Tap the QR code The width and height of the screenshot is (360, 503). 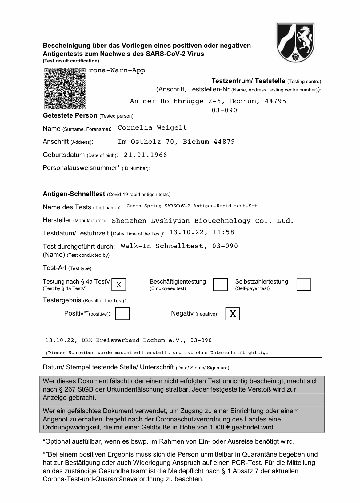coord(65,89)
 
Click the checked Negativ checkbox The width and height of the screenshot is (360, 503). coord(233,314)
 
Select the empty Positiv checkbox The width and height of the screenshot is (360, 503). coord(122,314)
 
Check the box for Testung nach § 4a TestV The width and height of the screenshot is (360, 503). coord(119,284)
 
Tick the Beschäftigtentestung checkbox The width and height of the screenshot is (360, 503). coord(220,284)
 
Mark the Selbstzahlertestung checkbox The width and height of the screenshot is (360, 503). coord(304,284)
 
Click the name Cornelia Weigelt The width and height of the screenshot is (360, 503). coord(152,128)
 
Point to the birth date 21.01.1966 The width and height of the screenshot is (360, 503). coord(145,155)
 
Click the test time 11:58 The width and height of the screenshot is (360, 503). coord(223,232)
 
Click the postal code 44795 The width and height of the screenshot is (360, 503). coord(275,101)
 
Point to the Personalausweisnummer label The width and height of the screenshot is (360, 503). coord(81,168)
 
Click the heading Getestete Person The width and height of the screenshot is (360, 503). coord(70,116)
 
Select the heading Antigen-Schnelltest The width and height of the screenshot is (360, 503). coord(74,194)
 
